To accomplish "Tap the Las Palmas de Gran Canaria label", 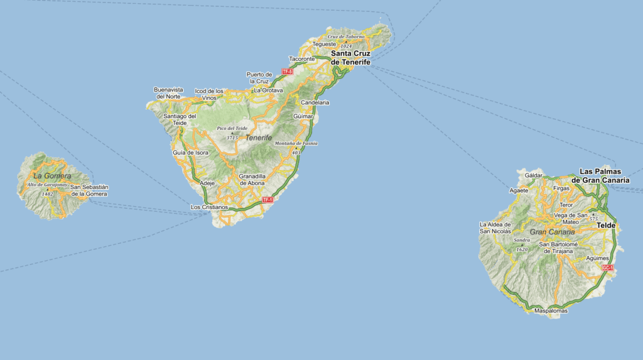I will [x=604, y=175].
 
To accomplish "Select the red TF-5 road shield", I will [x=288, y=72].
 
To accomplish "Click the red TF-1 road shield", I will [x=268, y=199].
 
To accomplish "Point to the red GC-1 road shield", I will [x=607, y=268].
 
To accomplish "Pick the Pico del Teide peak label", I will [x=231, y=128].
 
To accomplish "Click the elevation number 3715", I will [x=232, y=137].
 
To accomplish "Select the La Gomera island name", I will [x=48, y=175].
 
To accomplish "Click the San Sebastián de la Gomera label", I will [x=89, y=190].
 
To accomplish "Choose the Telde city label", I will [x=606, y=225].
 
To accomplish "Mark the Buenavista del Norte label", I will [x=168, y=93].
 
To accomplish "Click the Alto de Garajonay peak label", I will [x=47, y=185].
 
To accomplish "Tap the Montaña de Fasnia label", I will [x=296, y=143].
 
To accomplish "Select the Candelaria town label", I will [x=315, y=102].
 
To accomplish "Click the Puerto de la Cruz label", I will [x=259, y=77].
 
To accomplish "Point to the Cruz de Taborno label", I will [x=346, y=36].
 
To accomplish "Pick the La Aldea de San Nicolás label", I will [x=495, y=227].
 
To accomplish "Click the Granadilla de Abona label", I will [x=252, y=180].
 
